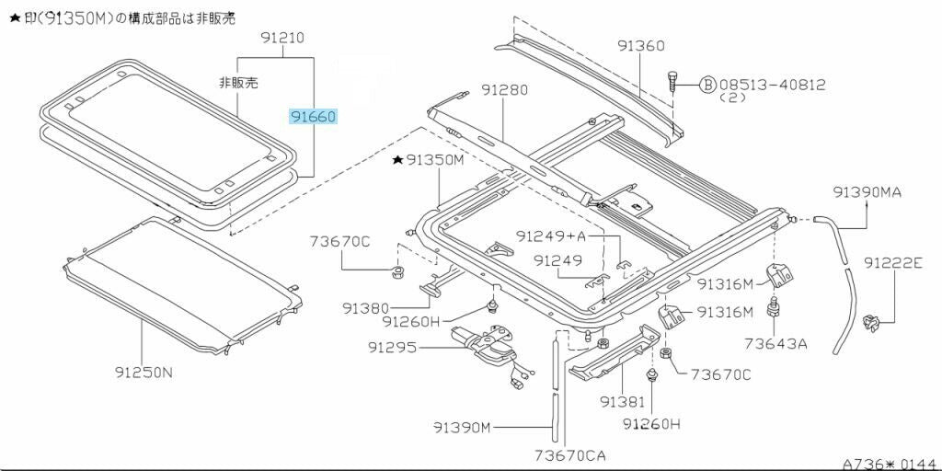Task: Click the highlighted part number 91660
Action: tap(313, 117)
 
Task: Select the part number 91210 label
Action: tap(281, 38)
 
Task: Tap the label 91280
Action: tap(504, 90)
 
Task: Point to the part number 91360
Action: tap(640, 45)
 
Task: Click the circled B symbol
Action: tap(707, 85)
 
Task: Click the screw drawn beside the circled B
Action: tap(673, 80)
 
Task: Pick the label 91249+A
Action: tap(548, 236)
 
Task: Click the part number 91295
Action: tap(392, 348)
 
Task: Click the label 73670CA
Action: tap(569, 454)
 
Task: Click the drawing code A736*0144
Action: tap(889, 463)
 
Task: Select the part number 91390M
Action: tap(463, 426)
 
